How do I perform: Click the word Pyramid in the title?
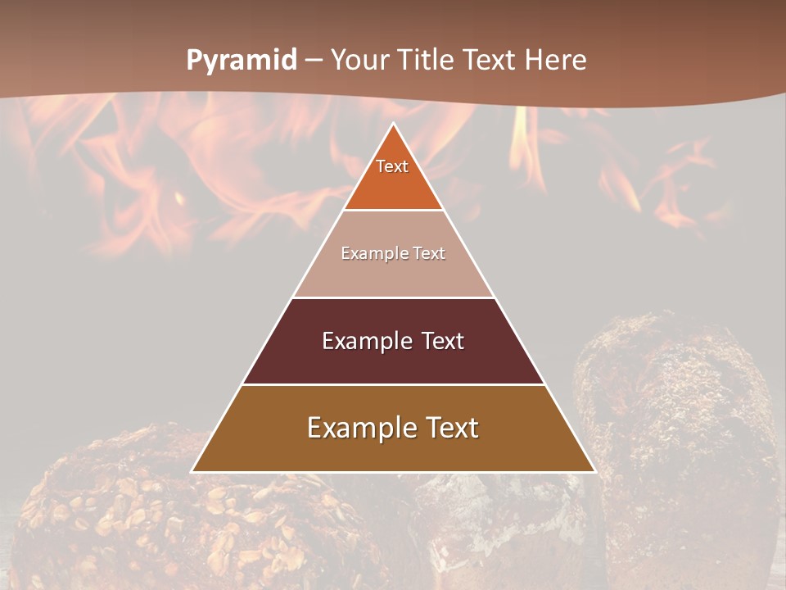point(242,60)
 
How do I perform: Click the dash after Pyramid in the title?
point(314,61)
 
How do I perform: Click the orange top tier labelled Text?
point(392,176)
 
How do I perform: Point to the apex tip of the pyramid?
point(393,125)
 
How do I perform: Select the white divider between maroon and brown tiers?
point(393,384)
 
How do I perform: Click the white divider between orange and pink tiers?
point(393,210)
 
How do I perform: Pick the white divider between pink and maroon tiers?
point(393,297)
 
